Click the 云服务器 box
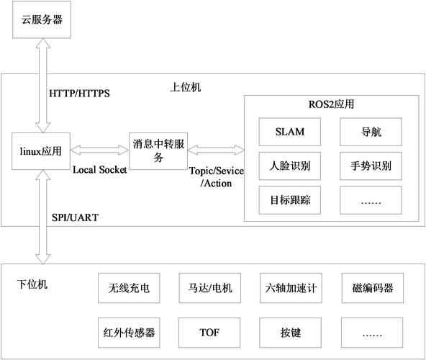42,19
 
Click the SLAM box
290,132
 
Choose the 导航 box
371,132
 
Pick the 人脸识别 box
290,166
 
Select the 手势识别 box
371,166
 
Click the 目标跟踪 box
290,199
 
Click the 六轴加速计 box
289,289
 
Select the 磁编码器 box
372,289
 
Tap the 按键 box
289,333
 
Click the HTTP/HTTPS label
79,94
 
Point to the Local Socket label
100,170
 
